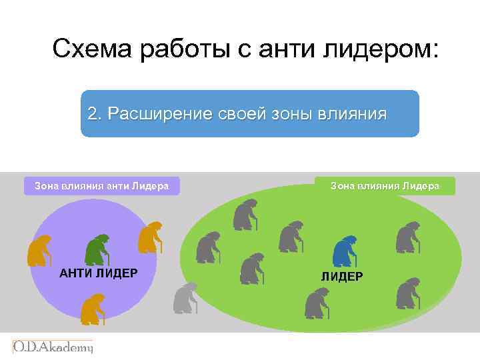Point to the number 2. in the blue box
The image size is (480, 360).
(95, 113)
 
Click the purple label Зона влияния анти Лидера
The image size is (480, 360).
(101, 186)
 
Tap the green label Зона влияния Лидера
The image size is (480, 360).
(385, 186)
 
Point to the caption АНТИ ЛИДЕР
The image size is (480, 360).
(99, 273)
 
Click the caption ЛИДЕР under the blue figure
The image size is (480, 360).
(342, 276)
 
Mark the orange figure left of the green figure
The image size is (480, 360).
(39, 251)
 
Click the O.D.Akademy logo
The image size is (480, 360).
(53, 347)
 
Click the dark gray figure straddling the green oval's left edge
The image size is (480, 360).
(208, 247)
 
